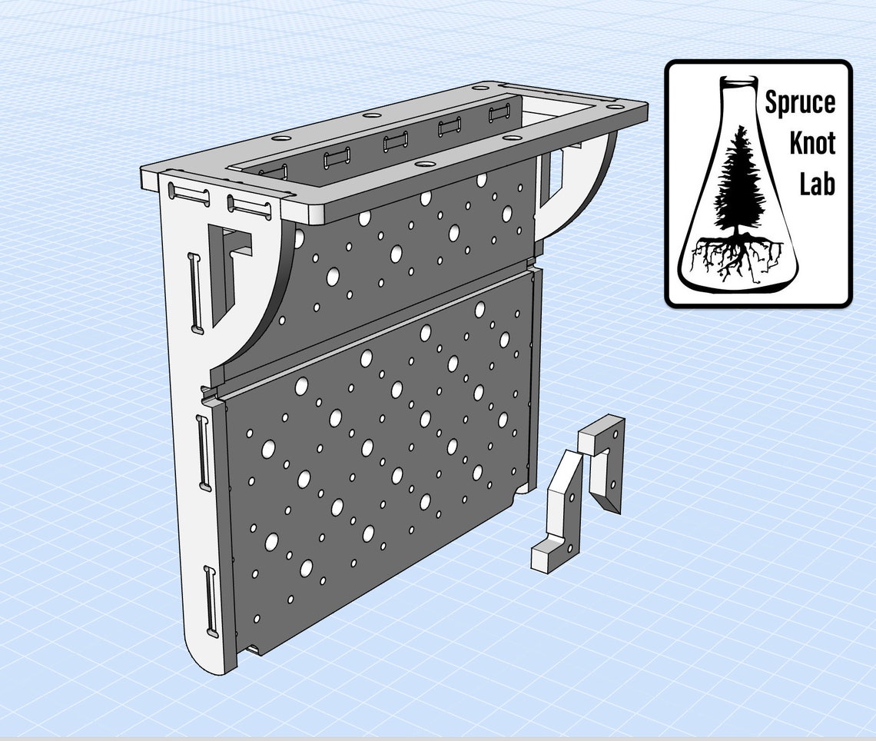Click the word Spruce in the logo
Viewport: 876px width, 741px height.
[x=800, y=102]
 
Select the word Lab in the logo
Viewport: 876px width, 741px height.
[x=818, y=184]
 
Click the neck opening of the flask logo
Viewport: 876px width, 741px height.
[x=738, y=80]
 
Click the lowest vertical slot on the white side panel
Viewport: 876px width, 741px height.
[x=210, y=600]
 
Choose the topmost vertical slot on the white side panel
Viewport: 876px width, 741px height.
[x=196, y=292]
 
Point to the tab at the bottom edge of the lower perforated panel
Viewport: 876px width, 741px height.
[x=252, y=650]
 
